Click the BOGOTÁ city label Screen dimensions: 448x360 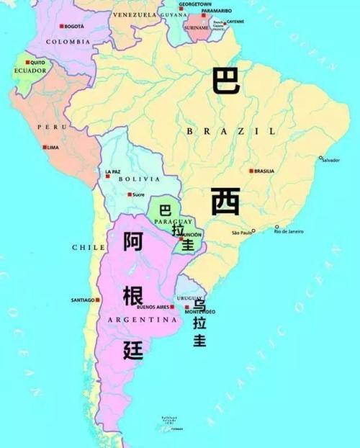(x=75, y=26)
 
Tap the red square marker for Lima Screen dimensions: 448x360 (x=44, y=147)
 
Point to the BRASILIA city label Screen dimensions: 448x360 (x=264, y=171)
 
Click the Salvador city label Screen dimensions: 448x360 (x=331, y=159)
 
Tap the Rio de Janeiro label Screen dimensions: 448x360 (x=291, y=231)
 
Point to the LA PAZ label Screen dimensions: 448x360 (x=112, y=171)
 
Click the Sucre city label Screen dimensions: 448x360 (x=139, y=194)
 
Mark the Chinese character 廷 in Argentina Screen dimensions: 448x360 (x=133, y=350)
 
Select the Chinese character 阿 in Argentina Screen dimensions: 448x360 (x=133, y=242)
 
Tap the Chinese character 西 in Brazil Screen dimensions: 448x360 (x=225, y=201)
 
